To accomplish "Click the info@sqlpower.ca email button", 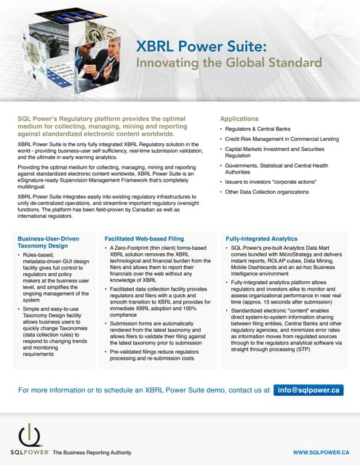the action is [308, 390].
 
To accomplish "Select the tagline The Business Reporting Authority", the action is [90, 452].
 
